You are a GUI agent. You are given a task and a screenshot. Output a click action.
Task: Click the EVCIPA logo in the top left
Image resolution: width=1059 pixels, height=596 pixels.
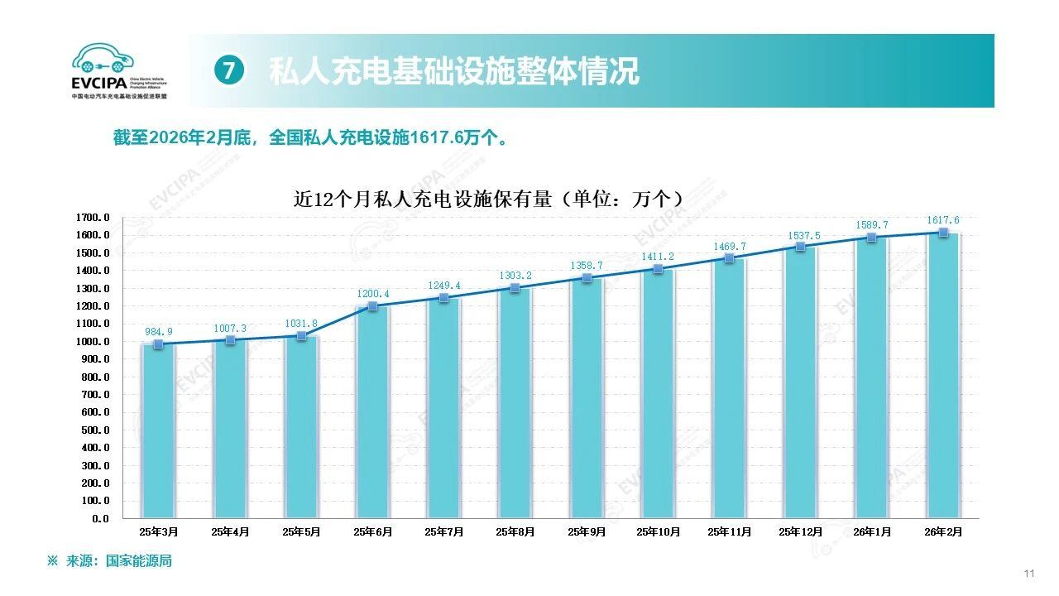click(x=119, y=71)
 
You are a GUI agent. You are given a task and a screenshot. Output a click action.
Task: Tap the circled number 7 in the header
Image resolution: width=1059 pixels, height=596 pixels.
click(x=229, y=71)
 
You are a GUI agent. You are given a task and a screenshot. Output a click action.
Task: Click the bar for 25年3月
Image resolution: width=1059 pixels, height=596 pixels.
click(x=159, y=430)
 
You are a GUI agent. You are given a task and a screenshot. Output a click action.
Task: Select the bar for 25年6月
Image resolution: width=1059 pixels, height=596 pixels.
click(x=372, y=414)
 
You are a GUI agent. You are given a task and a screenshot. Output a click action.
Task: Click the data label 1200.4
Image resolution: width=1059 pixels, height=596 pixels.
click(x=372, y=294)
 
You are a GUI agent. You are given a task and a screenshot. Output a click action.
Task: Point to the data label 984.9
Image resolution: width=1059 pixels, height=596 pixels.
click(x=159, y=332)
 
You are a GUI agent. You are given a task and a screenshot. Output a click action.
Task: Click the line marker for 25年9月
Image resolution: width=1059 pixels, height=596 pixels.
click(x=587, y=278)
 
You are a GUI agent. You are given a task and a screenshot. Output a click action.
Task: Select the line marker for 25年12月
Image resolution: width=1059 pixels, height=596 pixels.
click(x=800, y=247)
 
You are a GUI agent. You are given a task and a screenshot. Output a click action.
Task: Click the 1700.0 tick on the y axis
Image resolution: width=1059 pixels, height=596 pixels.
click(x=93, y=218)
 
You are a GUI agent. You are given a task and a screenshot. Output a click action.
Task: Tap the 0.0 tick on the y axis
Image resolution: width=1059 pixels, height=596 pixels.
click(x=101, y=519)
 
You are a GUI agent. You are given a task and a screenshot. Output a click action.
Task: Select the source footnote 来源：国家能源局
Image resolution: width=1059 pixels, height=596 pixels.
click(x=117, y=561)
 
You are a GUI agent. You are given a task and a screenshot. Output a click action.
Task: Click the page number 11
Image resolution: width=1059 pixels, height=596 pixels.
click(x=1029, y=574)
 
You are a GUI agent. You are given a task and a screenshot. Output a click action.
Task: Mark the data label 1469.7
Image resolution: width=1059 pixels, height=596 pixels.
click(x=729, y=247)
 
